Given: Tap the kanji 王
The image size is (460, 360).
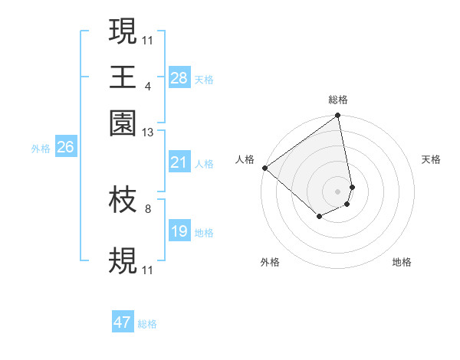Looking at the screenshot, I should [123, 77].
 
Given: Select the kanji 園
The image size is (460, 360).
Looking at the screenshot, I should [123, 123].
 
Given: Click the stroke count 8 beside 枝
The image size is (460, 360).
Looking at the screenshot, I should [147, 208].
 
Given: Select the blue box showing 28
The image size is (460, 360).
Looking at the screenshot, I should [179, 78].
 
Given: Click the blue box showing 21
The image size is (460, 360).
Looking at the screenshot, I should [179, 162].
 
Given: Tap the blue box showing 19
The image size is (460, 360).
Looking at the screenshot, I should [179, 231].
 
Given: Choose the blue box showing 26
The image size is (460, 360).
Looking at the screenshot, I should [65, 148].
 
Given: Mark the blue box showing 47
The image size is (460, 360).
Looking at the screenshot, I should [123, 322].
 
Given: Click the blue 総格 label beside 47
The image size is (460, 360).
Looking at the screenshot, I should [147, 324].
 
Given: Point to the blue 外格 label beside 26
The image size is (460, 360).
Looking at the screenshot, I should [41, 149].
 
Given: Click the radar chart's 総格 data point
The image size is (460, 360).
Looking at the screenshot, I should [338, 116].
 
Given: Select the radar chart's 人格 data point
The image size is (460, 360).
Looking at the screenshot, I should [264, 168].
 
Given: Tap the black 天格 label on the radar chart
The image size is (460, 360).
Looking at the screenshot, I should [431, 159].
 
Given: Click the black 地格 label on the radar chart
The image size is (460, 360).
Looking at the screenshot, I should [402, 263].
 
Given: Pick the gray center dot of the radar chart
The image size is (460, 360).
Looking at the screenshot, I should [338, 191].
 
